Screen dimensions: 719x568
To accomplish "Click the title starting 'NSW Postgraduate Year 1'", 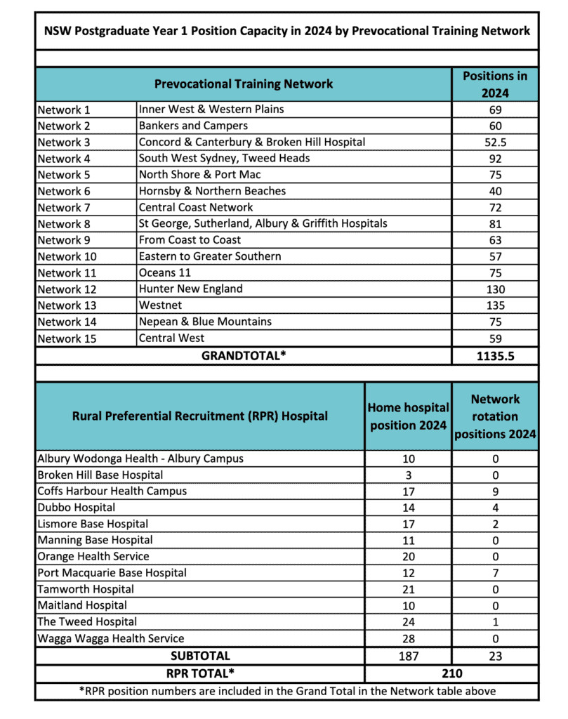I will [x=286, y=31].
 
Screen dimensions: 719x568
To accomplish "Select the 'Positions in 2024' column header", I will [x=495, y=84].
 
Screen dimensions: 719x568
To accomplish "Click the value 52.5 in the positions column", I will [x=495, y=142].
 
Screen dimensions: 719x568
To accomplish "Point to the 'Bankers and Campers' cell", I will [x=193, y=126].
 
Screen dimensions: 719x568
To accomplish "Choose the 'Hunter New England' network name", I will [x=190, y=289].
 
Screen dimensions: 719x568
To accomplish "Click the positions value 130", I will [x=495, y=289].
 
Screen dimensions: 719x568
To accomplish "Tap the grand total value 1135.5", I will [x=495, y=355].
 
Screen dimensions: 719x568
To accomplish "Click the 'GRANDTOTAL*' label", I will [x=244, y=355].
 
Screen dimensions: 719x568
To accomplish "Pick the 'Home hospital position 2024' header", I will [x=408, y=416].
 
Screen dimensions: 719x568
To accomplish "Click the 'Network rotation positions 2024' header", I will [x=495, y=416].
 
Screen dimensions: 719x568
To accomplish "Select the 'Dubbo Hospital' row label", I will [x=77, y=508].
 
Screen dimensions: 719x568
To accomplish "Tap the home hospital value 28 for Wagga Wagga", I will [x=408, y=638].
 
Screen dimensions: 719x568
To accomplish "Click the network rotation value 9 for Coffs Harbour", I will [x=495, y=492].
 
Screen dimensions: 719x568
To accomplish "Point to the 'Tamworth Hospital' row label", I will [x=86, y=589].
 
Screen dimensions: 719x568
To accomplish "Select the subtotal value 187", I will [x=408, y=656].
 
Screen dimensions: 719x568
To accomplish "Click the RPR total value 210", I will [x=451, y=673].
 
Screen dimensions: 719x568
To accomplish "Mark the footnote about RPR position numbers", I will [x=286, y=691].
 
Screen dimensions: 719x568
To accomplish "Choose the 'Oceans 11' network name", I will [x=165, y=272].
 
